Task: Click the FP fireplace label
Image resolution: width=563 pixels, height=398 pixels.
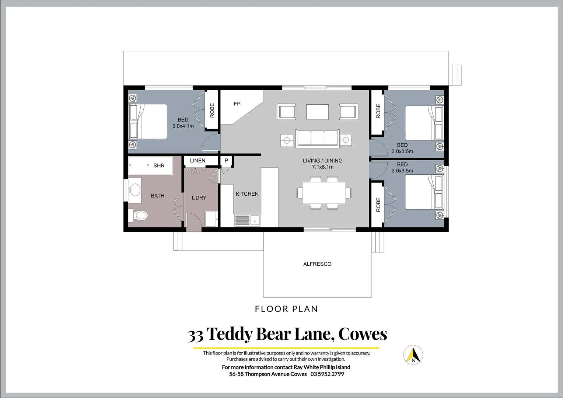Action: pos(237,104)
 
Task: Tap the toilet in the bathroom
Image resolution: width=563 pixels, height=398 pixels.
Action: pos(138,215)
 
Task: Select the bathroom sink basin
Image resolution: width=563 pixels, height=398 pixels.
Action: pos(135,190)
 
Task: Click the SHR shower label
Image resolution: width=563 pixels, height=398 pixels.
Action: pos(159,166)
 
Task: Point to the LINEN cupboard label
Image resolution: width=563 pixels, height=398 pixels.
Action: pos(197,161)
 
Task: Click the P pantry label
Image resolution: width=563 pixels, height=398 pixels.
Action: pos(226,161)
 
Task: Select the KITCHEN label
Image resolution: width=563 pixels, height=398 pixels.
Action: pos(247,194)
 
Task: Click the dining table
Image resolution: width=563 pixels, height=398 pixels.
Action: pos(324,193)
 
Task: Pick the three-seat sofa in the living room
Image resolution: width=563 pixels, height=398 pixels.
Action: pos(318,139)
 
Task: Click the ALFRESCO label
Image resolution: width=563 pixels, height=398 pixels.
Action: pos(317,264)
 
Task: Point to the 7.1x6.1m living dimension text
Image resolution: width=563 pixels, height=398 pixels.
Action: pos(323,167)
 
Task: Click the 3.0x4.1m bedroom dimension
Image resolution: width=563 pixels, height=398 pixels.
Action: pos(183,126)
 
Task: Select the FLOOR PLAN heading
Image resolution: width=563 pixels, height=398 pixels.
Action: pos(286,309)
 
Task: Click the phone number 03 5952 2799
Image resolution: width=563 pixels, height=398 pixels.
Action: pos(327,374)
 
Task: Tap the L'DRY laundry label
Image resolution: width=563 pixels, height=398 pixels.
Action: pos(199,198)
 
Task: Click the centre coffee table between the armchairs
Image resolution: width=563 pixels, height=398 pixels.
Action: pos(317,112)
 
